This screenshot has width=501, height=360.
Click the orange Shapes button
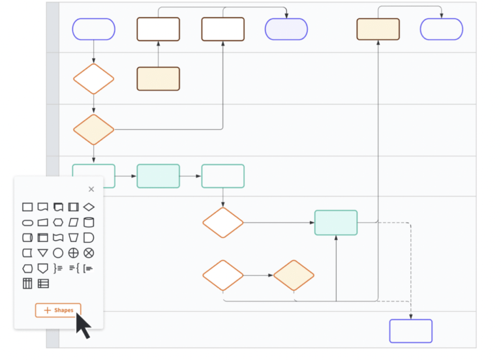coord(58,310)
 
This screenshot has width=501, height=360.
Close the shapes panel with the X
coord(91,189)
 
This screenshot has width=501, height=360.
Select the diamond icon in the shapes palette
coord(89,207)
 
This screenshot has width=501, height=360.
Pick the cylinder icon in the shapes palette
coord(89,222)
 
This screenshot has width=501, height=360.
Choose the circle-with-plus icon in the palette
coord(74,252)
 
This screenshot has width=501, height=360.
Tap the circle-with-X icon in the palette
coord(89,252)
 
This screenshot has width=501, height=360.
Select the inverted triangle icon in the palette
coord(42,252)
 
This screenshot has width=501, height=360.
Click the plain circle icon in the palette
coord(58,252)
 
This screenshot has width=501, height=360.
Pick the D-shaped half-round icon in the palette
coord(89,237)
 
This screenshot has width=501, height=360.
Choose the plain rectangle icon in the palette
coord(27,207)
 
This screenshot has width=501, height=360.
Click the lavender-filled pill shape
coord(286,29)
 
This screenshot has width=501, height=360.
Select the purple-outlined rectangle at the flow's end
coord(410,331)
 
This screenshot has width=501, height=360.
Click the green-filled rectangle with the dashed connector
coord(335,222)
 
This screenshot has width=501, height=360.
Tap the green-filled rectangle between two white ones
coord(158,176)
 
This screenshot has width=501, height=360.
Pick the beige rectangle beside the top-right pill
coord(378,29)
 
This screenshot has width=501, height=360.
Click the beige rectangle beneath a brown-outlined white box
coord(158,79)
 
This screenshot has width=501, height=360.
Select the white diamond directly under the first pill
coord(93,79)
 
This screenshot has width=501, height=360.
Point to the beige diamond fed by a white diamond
coord(294,275)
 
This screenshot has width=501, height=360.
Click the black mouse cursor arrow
coord(82,325)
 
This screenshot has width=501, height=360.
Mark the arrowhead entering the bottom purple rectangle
coord(411,317)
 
